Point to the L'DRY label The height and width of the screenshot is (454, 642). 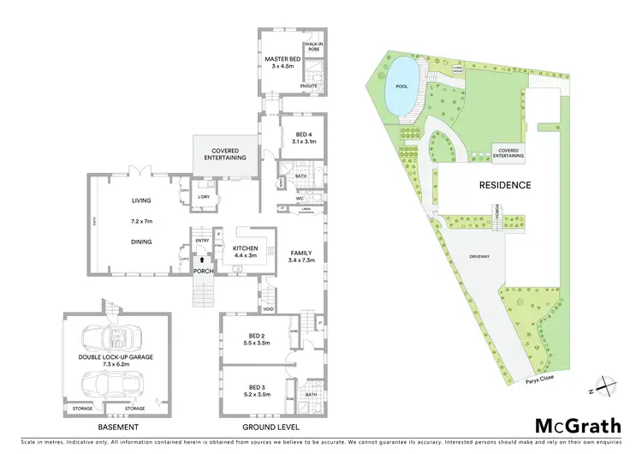click(204, 198)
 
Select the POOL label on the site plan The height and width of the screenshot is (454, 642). click(401, 87)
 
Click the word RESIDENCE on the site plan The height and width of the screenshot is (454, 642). click(504, 185)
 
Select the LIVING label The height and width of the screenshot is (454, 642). click(141, 200)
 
